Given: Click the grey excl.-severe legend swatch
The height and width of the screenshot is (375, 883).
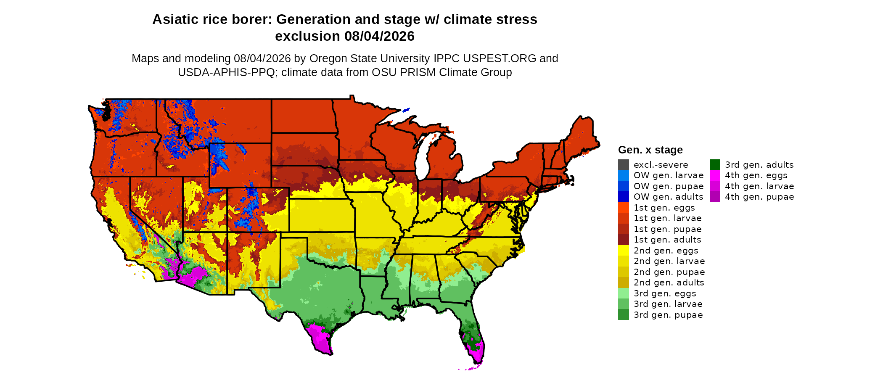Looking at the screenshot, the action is (624, 164).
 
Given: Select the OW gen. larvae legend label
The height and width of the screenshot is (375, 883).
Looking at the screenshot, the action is (669, 175).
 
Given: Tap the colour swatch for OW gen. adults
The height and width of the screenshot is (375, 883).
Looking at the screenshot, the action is (624, 197).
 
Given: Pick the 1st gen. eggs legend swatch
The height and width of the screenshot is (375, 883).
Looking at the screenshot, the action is (624, 207).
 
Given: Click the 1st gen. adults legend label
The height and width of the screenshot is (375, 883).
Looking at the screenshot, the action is (667, 240).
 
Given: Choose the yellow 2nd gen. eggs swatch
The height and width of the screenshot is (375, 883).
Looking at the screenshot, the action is (624, 250).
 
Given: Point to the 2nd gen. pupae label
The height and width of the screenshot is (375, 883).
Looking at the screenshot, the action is (669, 272).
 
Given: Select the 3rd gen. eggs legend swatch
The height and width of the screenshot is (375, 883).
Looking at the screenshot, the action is (624, 293).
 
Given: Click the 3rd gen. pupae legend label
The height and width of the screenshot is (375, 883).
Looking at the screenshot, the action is (668, 315).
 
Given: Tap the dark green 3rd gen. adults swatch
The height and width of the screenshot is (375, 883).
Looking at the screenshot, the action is (715, 164).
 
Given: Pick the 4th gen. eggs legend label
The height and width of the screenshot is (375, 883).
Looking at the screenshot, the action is (756, 175).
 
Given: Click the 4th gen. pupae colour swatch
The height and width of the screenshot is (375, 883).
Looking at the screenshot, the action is (715, 197).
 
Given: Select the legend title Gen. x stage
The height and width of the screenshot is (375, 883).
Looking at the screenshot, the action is (650, 150).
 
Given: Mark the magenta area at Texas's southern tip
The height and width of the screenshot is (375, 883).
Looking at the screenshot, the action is (320, 339).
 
